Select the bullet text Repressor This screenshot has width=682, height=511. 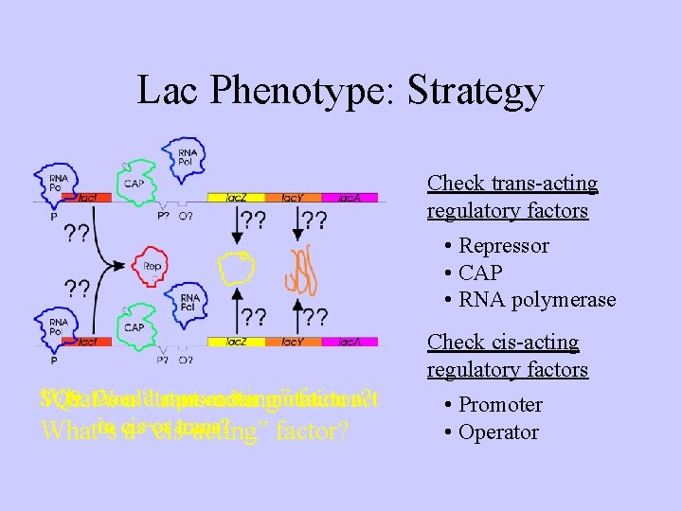[x=503, y=246]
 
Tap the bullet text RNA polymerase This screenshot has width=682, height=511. [x=537, y=300]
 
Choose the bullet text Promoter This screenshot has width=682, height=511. [x=500, y=405]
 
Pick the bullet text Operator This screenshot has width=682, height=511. [x=498, y=432]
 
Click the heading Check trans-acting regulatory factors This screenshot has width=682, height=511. [x=512, y=197]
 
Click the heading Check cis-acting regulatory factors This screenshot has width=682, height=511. [x=508, y=356]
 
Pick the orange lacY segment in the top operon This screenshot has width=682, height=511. [x=292, y=198]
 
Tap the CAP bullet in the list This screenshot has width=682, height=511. [x=482, y=273]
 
